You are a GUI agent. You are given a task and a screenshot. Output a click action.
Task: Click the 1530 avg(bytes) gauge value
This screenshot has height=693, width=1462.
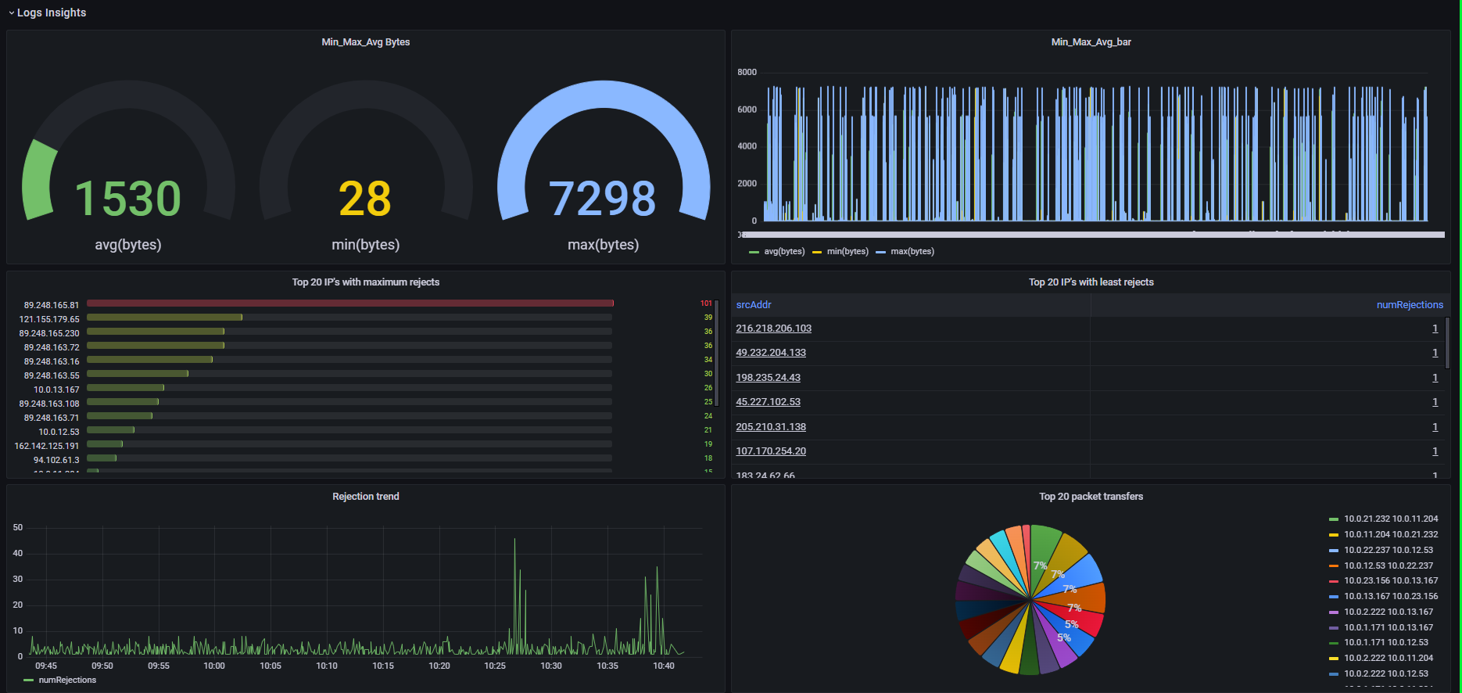coord(127,199)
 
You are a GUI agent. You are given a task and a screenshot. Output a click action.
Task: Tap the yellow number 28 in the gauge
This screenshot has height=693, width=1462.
coord(364,199)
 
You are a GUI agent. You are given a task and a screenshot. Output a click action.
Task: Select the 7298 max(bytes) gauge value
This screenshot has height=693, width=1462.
coord(602,199)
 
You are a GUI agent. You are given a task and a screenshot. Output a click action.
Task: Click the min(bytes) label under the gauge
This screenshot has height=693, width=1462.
coord(365,245)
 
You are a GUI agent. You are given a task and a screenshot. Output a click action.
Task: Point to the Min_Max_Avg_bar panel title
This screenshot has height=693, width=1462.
coord(1091,42)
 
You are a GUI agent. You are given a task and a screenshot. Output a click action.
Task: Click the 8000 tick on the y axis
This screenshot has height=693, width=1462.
coord(747,72)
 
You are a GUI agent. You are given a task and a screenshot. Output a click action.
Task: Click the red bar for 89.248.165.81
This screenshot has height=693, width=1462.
coord(349,303)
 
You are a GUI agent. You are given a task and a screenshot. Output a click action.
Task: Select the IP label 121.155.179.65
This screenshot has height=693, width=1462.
coord(49,319)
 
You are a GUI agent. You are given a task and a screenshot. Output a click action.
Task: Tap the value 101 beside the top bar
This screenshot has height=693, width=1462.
coord(706,303)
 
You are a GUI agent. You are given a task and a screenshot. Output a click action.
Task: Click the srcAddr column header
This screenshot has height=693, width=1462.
coord(754,305)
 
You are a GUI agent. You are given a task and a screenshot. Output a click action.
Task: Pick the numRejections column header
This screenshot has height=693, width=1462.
coord(1410,305)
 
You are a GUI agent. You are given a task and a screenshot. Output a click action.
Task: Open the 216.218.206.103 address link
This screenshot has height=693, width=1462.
coord(773,329)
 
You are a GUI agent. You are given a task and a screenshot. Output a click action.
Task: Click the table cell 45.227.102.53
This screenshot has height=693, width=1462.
coord(768,402)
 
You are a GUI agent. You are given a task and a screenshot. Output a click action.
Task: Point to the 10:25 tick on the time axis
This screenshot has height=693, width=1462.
coord(495,666)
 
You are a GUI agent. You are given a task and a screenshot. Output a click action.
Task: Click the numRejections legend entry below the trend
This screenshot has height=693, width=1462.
coord(67,680)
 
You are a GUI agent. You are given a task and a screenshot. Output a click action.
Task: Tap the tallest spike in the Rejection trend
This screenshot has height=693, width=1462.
coord(514,540)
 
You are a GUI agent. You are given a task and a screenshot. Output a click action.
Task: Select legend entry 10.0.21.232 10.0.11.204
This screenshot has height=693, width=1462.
coord(1390,519)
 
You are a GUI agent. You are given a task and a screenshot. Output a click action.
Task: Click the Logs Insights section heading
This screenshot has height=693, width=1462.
coord(52,13)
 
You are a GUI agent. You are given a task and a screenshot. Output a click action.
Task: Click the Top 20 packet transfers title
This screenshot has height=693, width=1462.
coord(1091,497)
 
